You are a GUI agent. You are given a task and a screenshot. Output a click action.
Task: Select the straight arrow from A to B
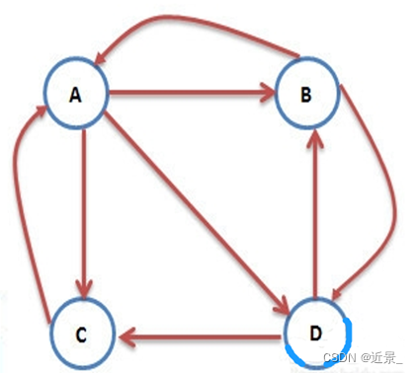[188, 95]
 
